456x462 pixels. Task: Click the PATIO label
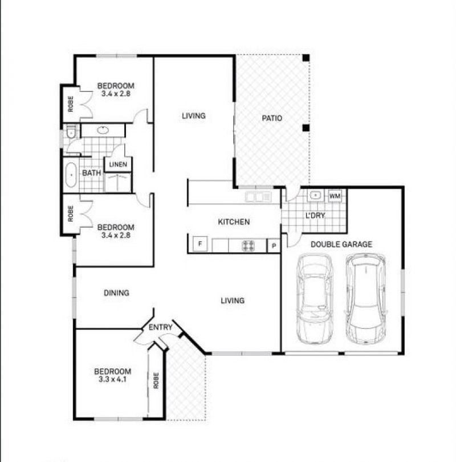[272, 118]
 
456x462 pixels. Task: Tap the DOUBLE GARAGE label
[341, 244]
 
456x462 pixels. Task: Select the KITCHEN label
[234, 222]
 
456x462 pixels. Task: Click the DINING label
[116, 293]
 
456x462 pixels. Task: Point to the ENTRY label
[160, 327]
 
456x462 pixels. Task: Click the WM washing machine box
[335, 196]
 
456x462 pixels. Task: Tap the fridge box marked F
[200, 244]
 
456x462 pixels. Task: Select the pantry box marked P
[274, 246]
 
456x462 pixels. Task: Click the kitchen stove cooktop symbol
[248, 246]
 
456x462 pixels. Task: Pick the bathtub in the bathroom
[71, 175]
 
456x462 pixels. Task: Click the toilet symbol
[71, 132]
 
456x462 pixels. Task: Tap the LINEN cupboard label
[118, 164]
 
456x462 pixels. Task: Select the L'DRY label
[315, 215]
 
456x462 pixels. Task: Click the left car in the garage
[314, 299]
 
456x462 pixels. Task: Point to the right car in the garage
[365, 299]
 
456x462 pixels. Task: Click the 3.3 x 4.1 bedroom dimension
[113, 379]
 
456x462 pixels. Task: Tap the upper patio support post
[306, 58]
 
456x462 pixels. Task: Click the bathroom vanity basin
[103, 130]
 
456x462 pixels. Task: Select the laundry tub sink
[315, 195]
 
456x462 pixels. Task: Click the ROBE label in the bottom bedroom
[156, 380]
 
